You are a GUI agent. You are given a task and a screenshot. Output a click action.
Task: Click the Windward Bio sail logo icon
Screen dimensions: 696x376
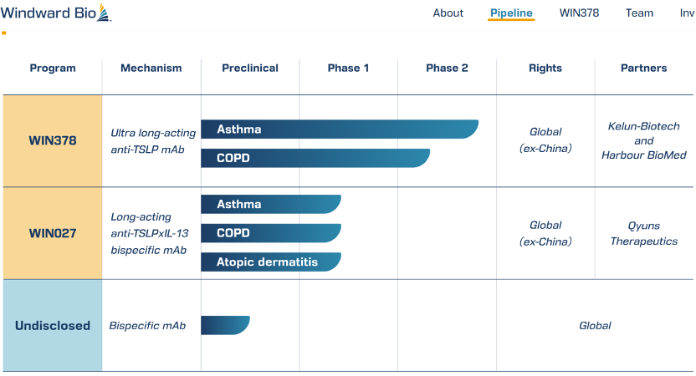(x=104, y=13)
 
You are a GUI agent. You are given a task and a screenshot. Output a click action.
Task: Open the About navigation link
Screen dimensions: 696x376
(x=448, y=13)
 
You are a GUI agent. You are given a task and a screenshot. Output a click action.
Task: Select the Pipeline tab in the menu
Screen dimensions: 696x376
(x=511, y=13)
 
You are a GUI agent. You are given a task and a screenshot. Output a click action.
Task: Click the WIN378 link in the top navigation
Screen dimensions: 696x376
(x=579, y=13)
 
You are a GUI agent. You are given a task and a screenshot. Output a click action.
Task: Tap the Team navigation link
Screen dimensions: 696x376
(x=639, y=13)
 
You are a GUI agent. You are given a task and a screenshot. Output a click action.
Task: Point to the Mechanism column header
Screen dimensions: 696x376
(x=151, y=68)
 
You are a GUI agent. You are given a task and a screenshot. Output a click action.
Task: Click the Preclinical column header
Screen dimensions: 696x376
(x=250, y=68)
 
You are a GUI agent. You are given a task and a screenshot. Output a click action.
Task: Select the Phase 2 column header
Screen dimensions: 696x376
(x=447, y=68)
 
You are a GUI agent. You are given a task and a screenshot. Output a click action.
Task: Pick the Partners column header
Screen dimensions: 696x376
(x=643, y=68)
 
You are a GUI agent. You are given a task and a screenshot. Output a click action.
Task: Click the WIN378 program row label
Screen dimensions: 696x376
(x=53, y=140)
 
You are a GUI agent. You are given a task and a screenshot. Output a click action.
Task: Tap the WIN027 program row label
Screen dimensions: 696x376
(x=53, y=233)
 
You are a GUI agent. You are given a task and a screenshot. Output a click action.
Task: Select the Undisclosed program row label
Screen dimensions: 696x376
(x=53, y=326)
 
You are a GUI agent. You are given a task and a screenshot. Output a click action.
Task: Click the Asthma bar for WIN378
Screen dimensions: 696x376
(x=340, y=129)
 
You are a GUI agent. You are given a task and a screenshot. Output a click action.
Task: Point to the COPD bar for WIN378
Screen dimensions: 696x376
(x=315, y=158)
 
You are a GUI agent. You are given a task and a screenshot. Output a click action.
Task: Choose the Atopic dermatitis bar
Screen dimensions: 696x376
(x=271, y=262)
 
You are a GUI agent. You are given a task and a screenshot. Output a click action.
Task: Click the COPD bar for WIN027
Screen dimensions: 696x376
(x=271, y=233)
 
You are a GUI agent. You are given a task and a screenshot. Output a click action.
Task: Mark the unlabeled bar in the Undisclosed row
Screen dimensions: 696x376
(x=226, y=325)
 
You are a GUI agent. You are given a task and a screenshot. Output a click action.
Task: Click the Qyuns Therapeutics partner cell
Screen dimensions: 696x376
(x=643, y=233)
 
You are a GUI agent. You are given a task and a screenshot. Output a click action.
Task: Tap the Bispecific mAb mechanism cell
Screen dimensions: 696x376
(x=147, y=326)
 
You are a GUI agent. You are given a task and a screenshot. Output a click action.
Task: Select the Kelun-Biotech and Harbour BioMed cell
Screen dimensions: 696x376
(x=643, y=140)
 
